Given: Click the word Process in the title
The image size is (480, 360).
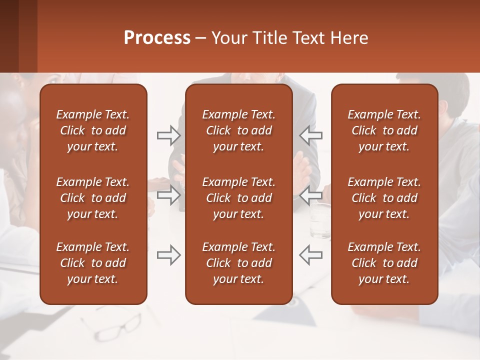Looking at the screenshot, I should (157, 38).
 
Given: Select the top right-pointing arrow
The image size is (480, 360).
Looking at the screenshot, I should (168, 135).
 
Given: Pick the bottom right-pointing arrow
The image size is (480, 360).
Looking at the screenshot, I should (168, 254).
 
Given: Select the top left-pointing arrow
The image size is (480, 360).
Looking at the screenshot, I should (311, 135).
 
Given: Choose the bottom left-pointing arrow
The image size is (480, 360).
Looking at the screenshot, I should (311, 254).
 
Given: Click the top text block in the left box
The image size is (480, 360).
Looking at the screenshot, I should (93, 130).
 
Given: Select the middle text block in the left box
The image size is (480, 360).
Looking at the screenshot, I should (93, 198).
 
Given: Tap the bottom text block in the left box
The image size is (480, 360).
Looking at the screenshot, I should (93, 263).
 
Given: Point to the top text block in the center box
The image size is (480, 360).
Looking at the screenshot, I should (238, 130).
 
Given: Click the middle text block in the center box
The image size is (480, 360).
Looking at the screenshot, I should (238, 198).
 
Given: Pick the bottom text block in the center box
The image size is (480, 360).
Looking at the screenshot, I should (238, 263).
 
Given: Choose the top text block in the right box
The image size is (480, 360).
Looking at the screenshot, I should (384, 130).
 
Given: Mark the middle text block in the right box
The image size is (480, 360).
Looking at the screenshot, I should (384, 198).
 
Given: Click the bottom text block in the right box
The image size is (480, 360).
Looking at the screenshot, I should (384, 263).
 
